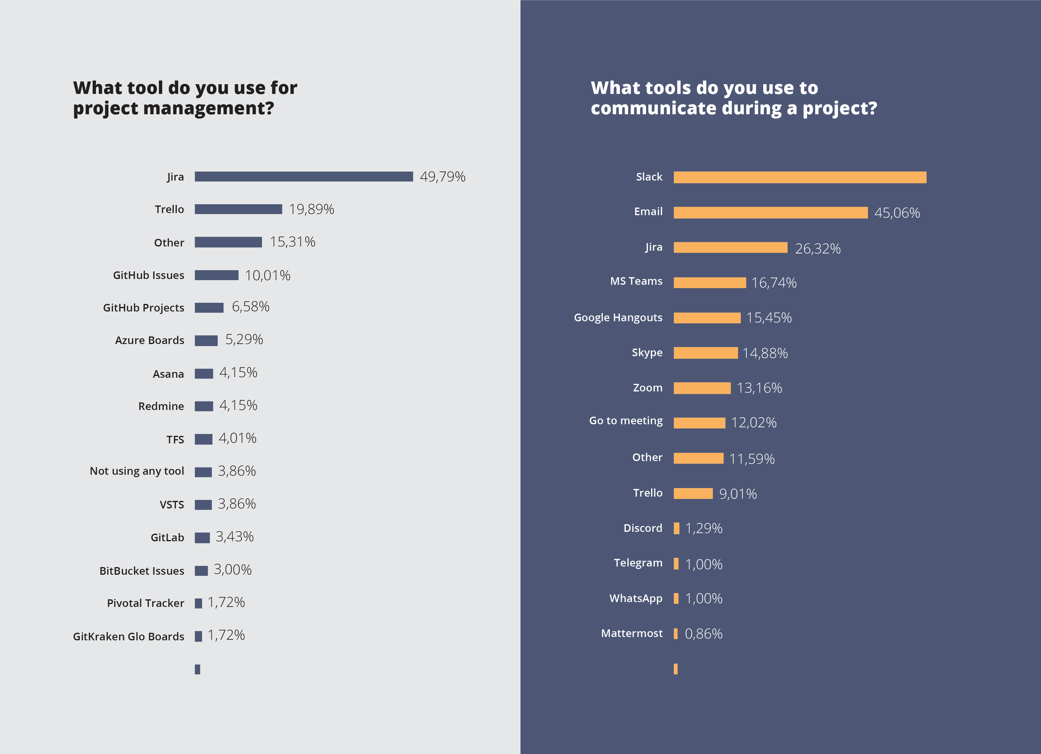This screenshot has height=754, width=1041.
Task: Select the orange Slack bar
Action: (799, 177)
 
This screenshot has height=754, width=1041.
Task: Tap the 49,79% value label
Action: (442, 177)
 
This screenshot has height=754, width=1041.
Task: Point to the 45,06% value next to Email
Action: (897, 213)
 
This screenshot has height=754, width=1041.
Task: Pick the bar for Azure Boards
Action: (206, 341)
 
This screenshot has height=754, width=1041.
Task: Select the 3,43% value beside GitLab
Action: (235, 537)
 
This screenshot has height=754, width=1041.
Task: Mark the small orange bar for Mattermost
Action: (676, 634)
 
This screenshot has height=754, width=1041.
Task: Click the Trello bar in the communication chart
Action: (693, 494)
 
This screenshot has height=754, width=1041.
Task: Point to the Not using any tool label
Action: (137, 471)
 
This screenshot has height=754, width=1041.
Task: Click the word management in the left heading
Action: (208, 109)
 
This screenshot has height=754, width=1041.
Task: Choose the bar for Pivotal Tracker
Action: (198, 603)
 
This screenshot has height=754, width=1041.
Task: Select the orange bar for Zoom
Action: (702, 388)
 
